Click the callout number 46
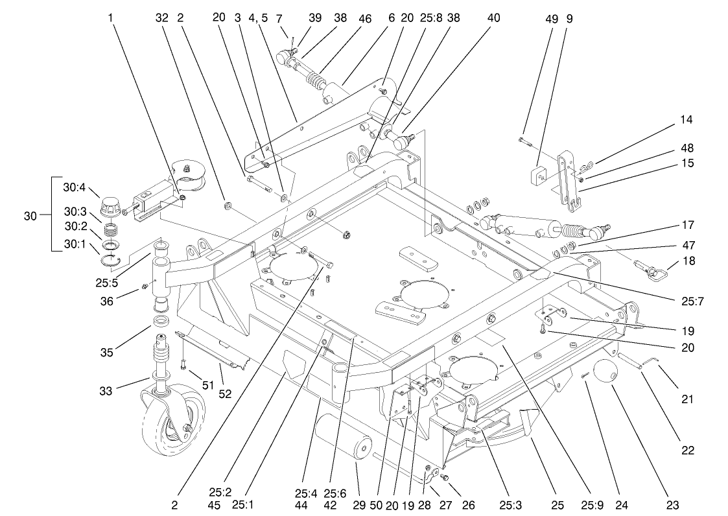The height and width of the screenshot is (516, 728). click(365, 19)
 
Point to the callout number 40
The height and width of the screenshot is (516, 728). click(493, 19)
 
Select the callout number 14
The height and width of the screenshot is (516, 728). click(687, 119)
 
